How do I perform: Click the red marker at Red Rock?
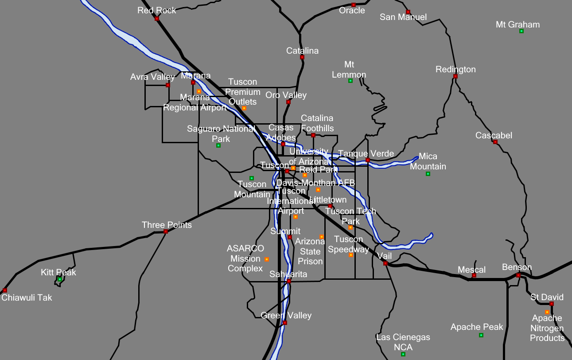157,19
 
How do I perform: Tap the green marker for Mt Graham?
521,31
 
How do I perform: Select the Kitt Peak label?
58,272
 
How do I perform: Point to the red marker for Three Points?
166,231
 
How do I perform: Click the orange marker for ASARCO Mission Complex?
267,259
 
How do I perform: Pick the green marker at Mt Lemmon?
350,81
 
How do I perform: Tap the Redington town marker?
455,76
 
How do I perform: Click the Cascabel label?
494,135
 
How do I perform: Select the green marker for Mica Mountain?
428,174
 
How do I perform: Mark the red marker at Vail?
385,263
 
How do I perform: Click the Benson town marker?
518,275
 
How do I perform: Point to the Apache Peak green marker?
481,335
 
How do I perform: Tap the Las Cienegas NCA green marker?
403,354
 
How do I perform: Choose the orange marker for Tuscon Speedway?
351,255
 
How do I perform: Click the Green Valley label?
286,315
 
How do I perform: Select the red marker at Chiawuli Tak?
5,290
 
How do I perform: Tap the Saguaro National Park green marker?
218,145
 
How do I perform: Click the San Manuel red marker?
408,12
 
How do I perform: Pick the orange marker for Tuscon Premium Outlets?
244,108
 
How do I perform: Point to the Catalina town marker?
302,57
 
